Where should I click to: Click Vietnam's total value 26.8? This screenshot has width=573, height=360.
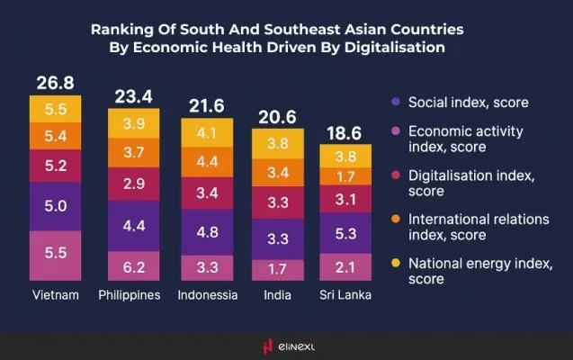54,84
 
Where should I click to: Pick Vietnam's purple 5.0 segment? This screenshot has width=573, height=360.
55,206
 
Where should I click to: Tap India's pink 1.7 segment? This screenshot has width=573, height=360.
279,267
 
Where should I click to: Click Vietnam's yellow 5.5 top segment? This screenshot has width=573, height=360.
55,108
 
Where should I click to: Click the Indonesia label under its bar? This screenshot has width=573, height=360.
207,295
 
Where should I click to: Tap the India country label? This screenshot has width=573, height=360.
279,295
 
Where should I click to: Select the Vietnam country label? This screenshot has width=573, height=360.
55,295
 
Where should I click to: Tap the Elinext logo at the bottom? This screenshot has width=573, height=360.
286,345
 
